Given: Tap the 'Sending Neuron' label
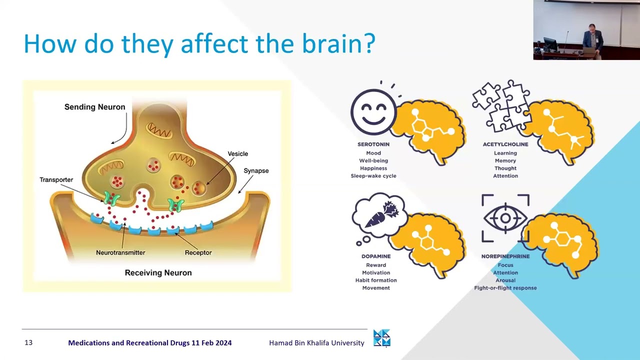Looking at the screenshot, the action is click(x=95, y=107).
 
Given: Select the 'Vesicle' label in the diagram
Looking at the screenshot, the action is click(x=237, y=153).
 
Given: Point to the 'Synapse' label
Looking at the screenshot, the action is click(x=256, y=171).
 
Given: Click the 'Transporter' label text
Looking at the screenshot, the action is click(x=56, y=179).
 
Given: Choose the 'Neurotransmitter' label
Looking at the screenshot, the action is click(x=120, y=252).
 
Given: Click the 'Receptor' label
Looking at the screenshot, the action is click(x=198, y=252).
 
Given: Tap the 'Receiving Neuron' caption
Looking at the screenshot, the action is click(x=158, y=273).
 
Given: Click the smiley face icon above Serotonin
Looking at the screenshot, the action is click(x=373, y=111).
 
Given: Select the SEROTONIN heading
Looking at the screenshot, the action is click(x=373, y=144).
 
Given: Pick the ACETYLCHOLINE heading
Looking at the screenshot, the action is click(x=505, y=144).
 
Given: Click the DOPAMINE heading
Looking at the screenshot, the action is click(x=376, y=256).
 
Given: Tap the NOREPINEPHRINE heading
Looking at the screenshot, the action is click(x=505, y=256).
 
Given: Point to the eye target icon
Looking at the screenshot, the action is click(x=505, y=218).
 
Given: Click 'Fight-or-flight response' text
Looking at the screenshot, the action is click(x=505, y=288).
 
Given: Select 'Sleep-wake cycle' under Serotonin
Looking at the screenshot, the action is click(x=373, y=176).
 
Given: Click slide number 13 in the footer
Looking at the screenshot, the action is click(x=28, y=342).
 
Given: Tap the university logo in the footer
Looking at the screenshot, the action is click(x=381, y=338).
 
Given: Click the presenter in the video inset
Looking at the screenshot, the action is click(x=592, y=40).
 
